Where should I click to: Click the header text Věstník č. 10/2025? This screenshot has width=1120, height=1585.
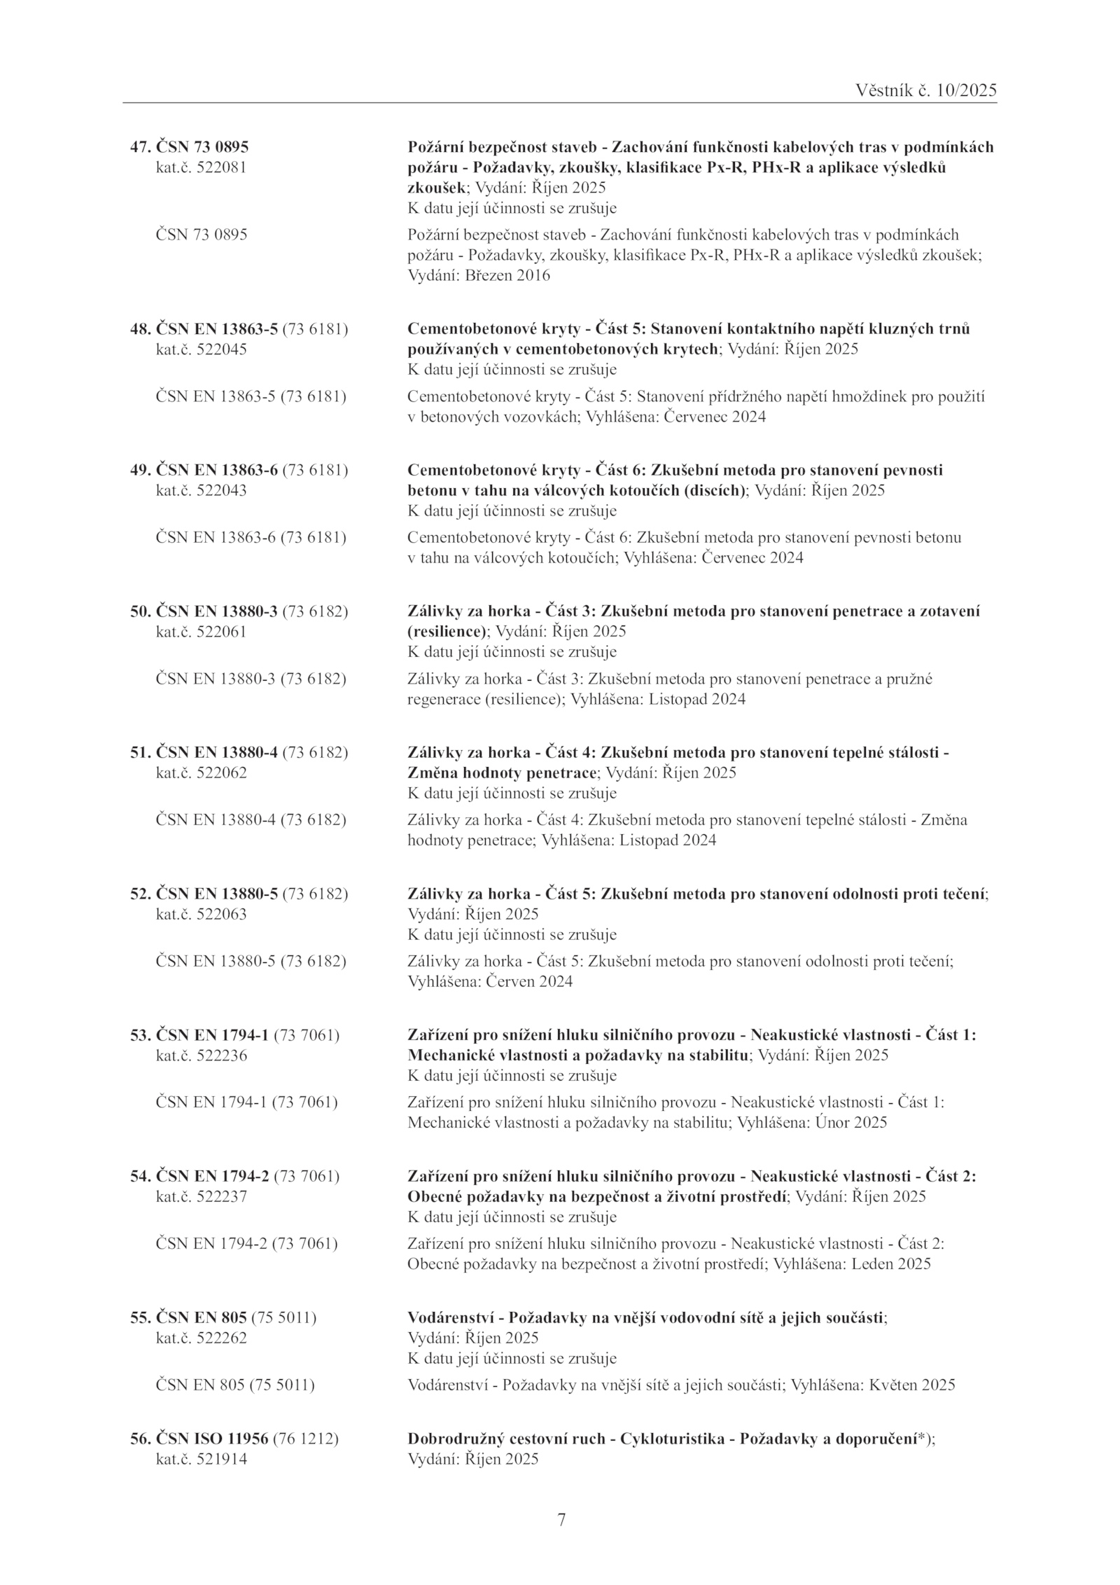pos(925,90)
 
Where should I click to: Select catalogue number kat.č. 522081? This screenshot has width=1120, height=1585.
pos(200,168)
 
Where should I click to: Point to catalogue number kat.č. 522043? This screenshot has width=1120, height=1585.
pos(200,490)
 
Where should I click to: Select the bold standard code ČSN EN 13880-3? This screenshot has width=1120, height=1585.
pos(216,611)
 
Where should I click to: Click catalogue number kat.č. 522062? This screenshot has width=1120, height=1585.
pos(200,773)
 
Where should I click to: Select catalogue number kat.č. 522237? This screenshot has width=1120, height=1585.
pos(200,1197)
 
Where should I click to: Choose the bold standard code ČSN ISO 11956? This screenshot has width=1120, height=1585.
pos(211,1439)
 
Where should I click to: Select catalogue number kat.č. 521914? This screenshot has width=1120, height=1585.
pos(200,1459)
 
